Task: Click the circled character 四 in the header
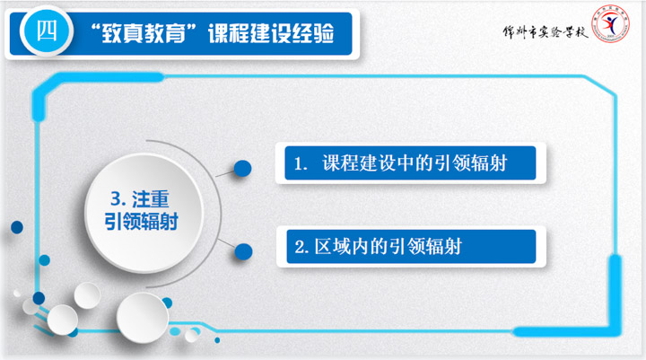pos(47,31)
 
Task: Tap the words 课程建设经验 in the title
pos(271,33)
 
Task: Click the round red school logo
pos(611,23)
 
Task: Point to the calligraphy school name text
pos(546,31)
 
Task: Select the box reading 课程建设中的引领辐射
pos(410,163)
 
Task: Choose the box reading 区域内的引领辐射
pos(411,247)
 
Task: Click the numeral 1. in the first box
pos(301,164)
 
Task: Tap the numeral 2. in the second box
pos(301,248)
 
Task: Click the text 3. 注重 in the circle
pos(140,199)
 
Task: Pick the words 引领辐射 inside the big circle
pos(141,222)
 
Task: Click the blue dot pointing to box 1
pos(242,168)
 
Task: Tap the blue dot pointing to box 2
pos(243,251)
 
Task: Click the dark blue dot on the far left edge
pos(17,227)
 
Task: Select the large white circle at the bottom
pos(143,318)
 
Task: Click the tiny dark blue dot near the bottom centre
pos(217,340)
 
